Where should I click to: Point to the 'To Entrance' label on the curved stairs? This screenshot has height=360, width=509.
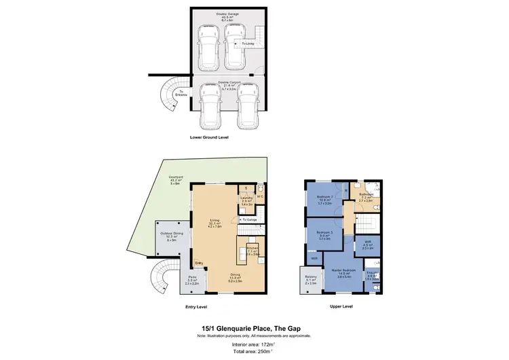181,93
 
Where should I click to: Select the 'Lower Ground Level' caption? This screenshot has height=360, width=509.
209,137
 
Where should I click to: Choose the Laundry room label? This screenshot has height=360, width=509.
246,198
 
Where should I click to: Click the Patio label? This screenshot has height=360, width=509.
193,279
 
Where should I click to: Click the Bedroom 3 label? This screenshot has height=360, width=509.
324,233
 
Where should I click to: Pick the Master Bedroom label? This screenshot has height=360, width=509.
342,270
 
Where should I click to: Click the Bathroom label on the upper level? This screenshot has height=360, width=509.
366,195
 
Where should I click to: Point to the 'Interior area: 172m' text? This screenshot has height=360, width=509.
254,343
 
